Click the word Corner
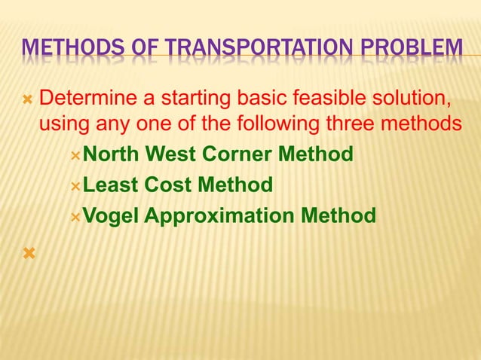coord(237,154)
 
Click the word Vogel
coord(110,216)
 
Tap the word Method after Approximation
coord(338,216)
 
